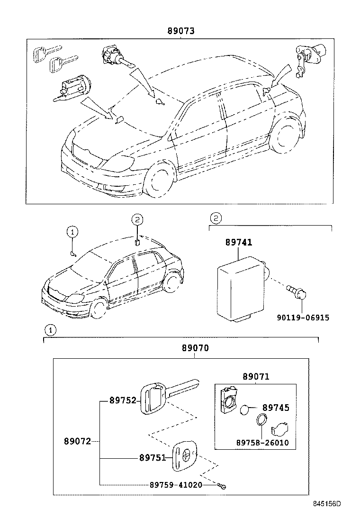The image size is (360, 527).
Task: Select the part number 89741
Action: (x=238, y=243)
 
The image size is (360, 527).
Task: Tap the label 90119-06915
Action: (x=303, y=318)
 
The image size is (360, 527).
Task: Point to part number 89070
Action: (x=195, y=348)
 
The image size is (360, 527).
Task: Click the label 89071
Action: (x=256, y=377)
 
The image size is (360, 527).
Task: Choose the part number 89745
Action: (x=276, y=408)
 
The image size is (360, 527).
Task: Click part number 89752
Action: (x=123, y=400)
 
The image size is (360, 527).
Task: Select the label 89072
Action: (x=77, y=441)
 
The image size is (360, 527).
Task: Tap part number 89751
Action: (x=153, y=458)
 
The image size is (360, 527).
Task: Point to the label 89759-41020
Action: (x=176, y=485)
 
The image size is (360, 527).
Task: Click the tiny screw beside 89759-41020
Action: (x=222, y=485)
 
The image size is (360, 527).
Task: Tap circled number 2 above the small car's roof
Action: (x=136, y=219)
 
